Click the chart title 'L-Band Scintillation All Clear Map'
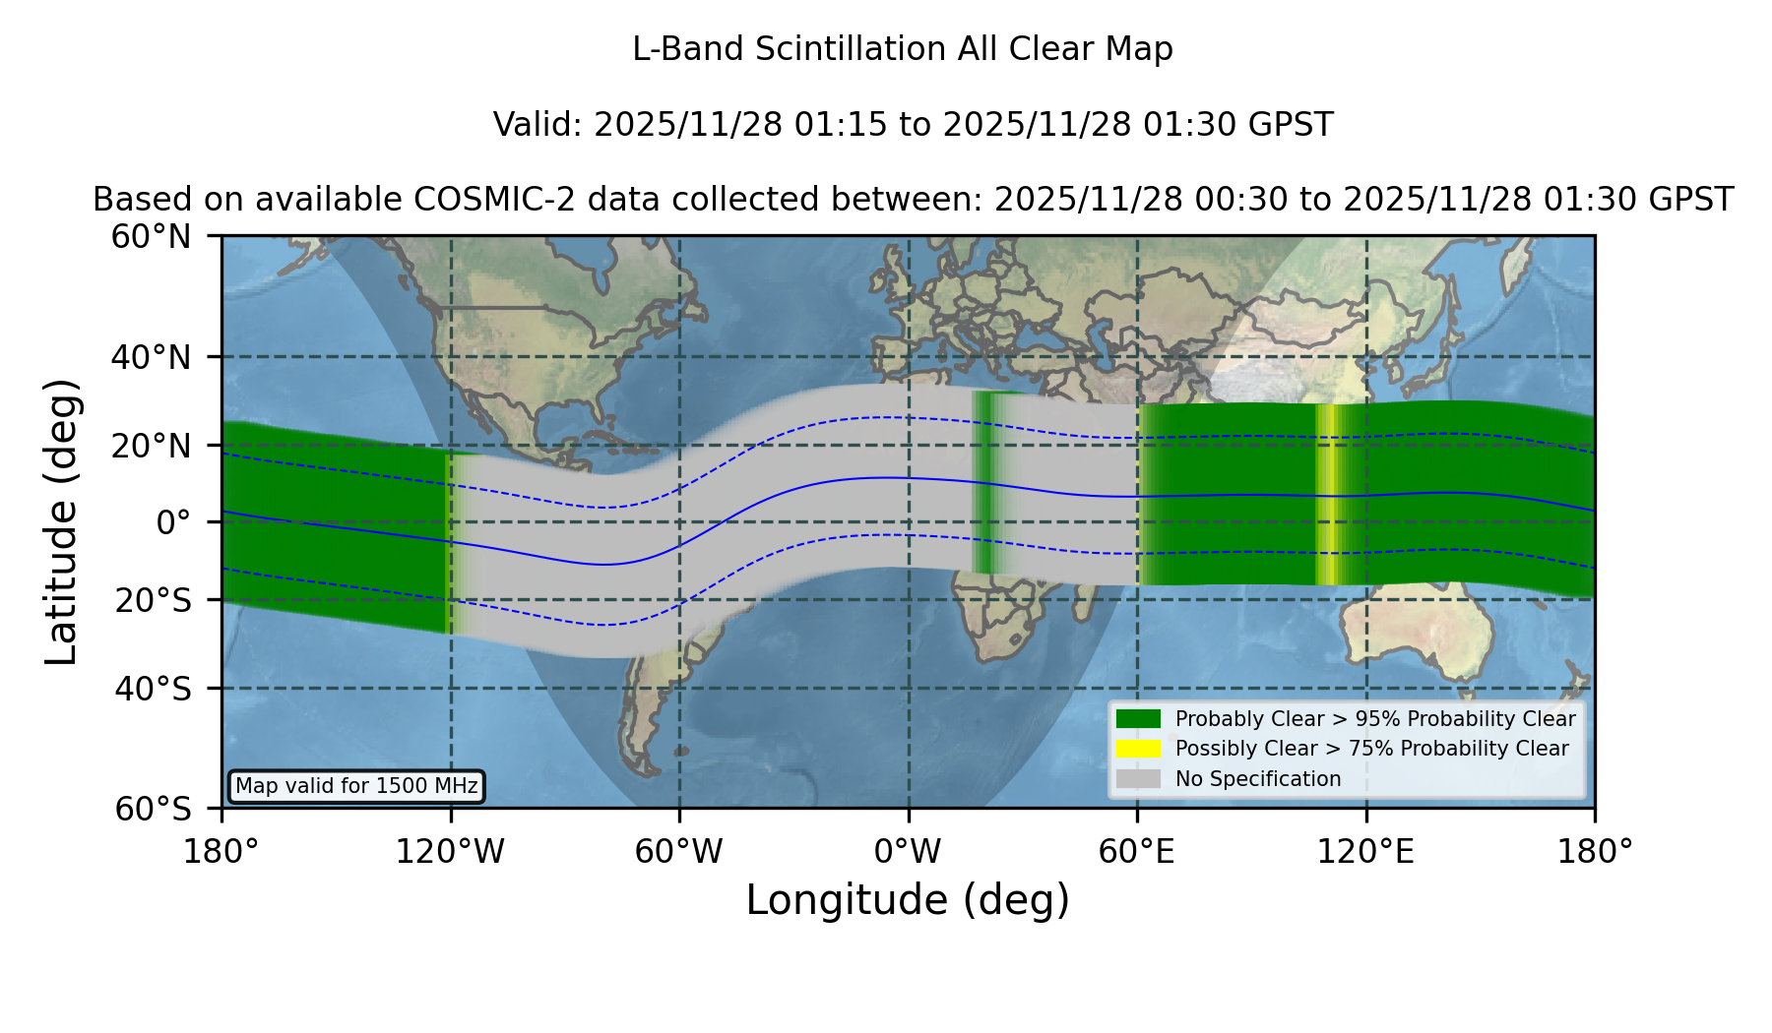tap(902, 49)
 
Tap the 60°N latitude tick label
tap(152, 236)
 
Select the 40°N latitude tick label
tap(152, 357)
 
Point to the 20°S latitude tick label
tap(154, 600)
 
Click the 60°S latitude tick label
tap(154, 809)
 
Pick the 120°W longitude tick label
tap(451, 851)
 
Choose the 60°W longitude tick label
tap(679, 851)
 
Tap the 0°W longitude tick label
tap(909, 851)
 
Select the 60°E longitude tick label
tap(1137, 851)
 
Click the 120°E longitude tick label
tap(1366, 851)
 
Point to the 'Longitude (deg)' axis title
tap(908, 900)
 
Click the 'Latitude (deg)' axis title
tap(61, 521)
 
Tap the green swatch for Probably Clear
tap(1139, 718)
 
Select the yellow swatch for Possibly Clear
tap(1139, 749)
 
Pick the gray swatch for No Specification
tap(1139, 779)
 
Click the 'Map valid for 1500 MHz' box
tap(356, 786)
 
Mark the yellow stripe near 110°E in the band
tap(1329, 494)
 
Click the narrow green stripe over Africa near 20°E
tap(985, 482)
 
